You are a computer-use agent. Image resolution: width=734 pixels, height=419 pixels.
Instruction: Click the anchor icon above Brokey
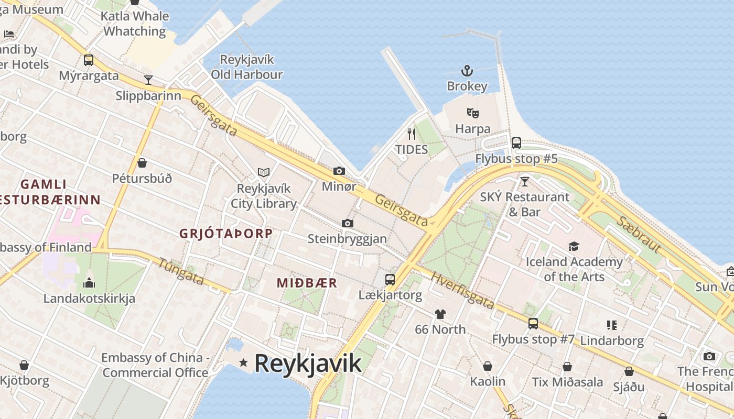coord(467,71)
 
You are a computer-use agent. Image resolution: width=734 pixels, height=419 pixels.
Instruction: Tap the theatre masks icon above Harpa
coord(473,113)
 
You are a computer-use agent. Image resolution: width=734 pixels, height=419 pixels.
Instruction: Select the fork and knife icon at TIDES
coord(412,134)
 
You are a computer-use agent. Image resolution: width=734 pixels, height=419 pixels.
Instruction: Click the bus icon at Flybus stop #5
coord(516,142)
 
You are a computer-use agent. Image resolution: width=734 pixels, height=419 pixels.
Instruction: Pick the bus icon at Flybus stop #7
coord(533,323)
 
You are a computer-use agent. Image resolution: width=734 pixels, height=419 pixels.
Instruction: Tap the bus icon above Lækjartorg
coord(390,279)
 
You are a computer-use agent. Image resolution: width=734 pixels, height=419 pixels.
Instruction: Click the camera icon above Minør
coord(339,171)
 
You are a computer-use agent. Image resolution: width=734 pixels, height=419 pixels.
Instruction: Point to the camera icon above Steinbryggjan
coord(347,223)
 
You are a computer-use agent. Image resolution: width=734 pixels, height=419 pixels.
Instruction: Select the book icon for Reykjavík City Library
coord(264,172)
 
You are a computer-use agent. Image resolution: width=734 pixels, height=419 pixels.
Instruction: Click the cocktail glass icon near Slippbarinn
coord(148,80)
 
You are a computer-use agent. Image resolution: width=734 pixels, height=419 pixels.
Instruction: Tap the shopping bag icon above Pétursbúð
coord(142,163)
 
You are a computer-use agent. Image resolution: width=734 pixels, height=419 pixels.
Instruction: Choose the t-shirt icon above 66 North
coord(440,314)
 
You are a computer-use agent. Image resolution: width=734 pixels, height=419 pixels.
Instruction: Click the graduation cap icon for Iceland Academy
coord(574,246)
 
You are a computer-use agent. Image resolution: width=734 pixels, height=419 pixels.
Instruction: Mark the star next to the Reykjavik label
coord(243,362)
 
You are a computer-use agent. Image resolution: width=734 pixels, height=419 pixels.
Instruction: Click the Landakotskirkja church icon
coord(89,283)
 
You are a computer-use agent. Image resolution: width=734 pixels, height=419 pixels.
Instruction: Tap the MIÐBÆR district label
coord(307,283)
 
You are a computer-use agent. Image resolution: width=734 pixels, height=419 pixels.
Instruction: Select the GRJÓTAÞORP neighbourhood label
coord(226,234)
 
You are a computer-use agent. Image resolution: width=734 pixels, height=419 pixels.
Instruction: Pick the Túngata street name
coord(181,272)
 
